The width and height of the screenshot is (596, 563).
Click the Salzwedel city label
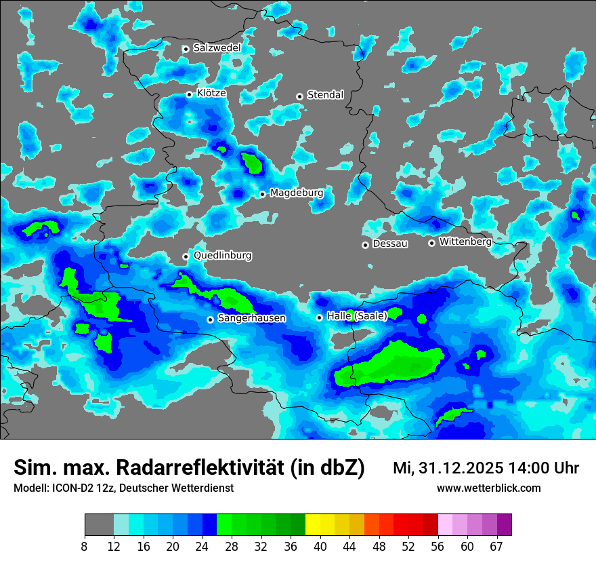(217, 48)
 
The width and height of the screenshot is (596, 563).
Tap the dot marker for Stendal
(299, 96)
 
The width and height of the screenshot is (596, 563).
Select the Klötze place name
(211, 94)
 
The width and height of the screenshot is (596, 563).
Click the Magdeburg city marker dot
(262, 195)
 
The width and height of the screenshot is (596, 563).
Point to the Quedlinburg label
(222, 256)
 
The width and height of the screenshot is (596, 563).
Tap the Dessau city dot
(365, 245)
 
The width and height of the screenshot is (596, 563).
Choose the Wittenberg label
(465, 241)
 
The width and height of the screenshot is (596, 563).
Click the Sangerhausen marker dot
(210, 319)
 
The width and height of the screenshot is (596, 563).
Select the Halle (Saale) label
(357, 316)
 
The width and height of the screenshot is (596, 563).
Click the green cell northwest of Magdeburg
(252, 163)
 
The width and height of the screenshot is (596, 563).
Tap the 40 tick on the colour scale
(320, 547)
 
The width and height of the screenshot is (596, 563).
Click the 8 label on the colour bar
(85, 547)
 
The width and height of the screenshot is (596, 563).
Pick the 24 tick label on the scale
(202, 547)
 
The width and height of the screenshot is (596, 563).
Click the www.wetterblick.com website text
(488, 488)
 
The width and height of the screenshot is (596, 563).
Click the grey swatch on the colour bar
(99, 525)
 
